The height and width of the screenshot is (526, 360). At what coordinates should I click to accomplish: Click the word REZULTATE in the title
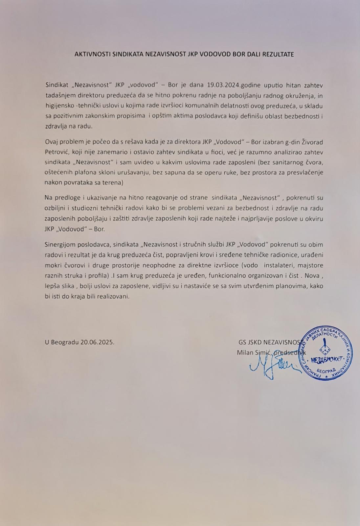pos(278,54)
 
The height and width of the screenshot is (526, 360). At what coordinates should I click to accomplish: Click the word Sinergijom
pos(59,245)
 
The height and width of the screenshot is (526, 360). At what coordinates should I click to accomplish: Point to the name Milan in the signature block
pos(244,352)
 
